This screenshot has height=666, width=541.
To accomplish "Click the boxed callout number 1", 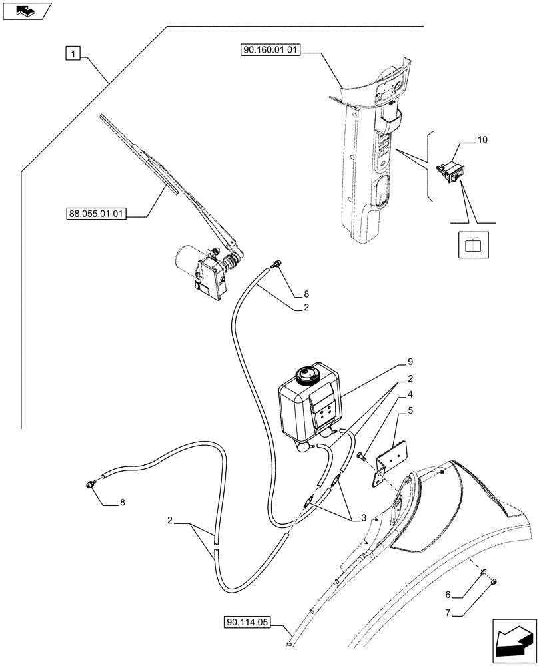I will point(73,53).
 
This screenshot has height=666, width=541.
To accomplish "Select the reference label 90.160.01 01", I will point(268,51).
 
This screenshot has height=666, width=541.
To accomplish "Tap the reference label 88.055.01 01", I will point(97,214).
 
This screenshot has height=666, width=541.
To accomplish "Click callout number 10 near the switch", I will point(482,140).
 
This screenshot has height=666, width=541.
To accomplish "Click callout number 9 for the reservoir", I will point(411,362).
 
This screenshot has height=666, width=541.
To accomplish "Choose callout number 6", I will point(449,594).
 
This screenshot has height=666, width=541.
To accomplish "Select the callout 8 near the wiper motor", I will point(306,294).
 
